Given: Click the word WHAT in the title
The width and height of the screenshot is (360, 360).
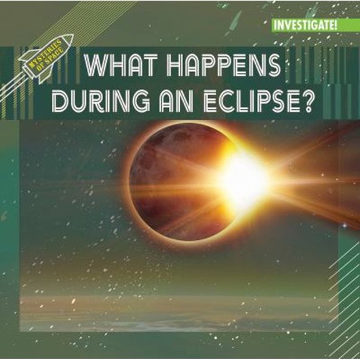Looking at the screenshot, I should [x=119, y=66].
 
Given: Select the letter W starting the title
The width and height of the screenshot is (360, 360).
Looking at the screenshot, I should [x=94, y=66].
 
